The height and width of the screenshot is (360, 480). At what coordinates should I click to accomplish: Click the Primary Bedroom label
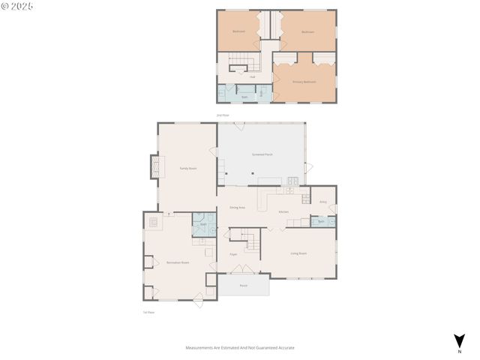[304, 81]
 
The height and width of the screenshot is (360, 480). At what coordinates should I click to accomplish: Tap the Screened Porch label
[262, 154]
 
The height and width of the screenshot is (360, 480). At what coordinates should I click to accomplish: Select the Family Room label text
[187, 169]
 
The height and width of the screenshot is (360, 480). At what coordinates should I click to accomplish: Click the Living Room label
[298, 253]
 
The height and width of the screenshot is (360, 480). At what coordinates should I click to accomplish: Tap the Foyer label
[234, 254]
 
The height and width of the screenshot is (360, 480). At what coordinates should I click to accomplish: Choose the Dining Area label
[238, 207]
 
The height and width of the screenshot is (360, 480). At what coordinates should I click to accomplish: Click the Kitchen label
[283, 212]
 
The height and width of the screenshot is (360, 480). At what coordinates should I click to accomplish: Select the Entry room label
[323, 202]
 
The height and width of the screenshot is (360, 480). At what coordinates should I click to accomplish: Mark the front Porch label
[243, 286]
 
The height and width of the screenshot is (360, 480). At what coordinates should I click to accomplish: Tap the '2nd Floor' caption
[222, 115]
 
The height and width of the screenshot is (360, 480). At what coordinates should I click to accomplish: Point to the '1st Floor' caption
[148, 312]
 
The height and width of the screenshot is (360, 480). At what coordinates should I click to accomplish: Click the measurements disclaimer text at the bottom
[239, 348]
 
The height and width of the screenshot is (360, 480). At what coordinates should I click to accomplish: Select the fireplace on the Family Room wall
[154, 166]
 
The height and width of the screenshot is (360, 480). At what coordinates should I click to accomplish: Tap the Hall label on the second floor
[253, 76]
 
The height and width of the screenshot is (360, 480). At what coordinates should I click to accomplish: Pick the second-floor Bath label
[244, 97]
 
